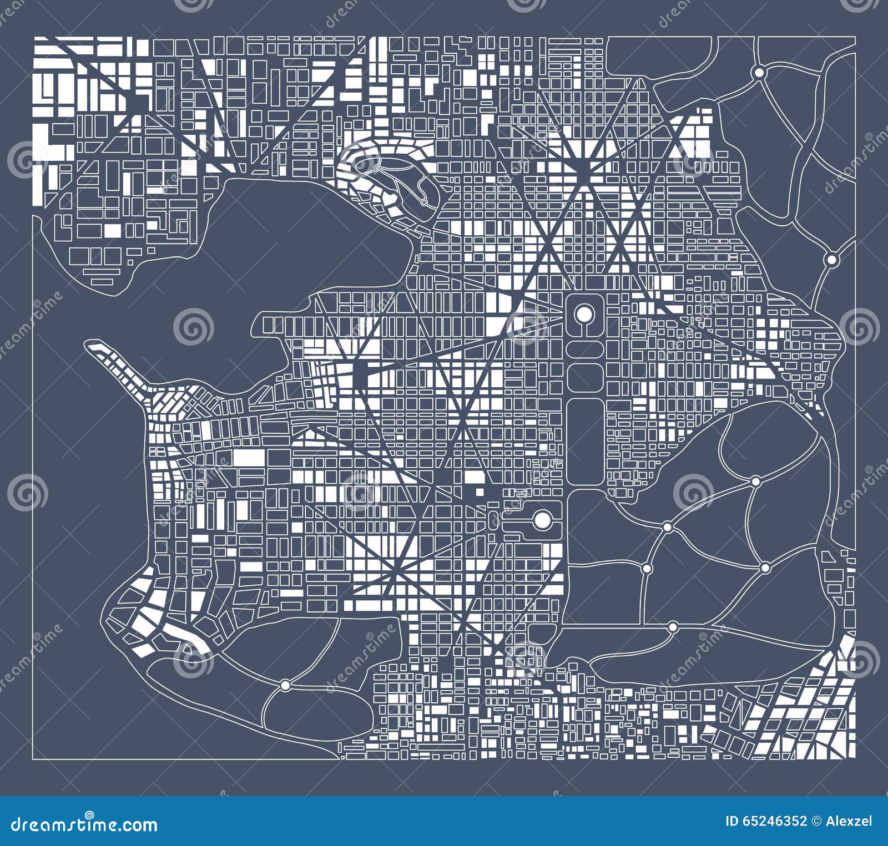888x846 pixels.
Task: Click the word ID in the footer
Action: point(734,821)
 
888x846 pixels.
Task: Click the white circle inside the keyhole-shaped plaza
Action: point(584,314)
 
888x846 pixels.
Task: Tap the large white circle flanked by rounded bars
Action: point(542,520)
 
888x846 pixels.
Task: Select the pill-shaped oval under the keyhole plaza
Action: point(585,348)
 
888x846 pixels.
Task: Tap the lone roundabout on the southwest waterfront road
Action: point(285,686)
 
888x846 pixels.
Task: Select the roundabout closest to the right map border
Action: point(831,259)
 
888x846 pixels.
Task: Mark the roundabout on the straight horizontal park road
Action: point(673,627)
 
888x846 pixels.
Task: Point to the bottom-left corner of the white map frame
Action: point(33,759)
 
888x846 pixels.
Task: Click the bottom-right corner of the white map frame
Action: point(855,759)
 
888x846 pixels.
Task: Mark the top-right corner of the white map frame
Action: point(855,37)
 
